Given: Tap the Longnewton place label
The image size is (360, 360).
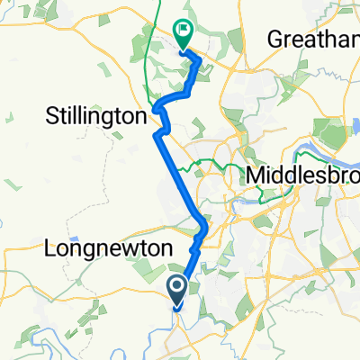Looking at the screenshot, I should pos(95,246).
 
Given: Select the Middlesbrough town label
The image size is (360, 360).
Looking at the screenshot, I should pos(306,173).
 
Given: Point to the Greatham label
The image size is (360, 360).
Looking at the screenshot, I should pos(314,40).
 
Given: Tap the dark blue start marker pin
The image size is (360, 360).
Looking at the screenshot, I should pos(176,291).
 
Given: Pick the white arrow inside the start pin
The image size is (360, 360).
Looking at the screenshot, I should pos(176,287).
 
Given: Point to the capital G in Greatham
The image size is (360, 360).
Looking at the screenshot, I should pos(273,40).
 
